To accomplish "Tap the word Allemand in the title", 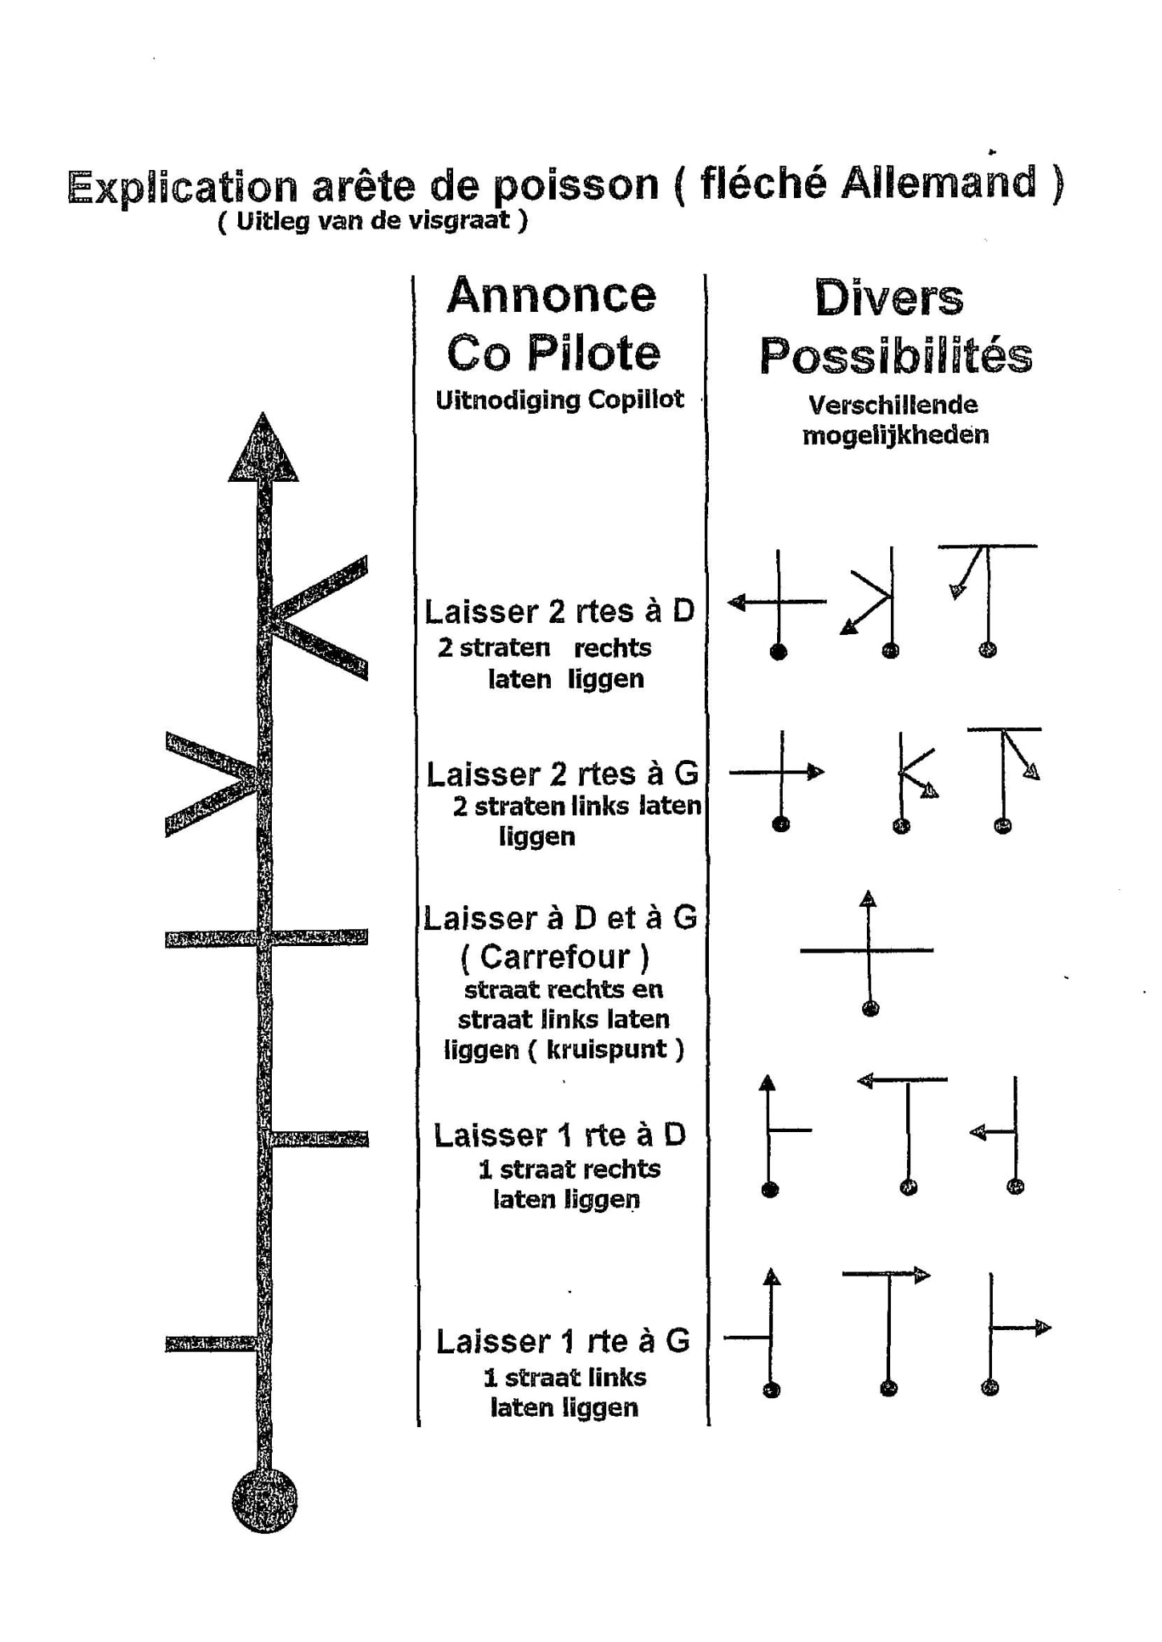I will click(x=938, y=183).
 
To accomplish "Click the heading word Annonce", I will click(x=552, y=295).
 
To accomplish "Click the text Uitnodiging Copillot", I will click(x=559, y=399).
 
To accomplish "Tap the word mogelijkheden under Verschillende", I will click(x=896, y=435).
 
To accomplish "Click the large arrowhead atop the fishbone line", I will click(x=263, y=451).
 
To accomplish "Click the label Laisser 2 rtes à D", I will click(x=559, y=612).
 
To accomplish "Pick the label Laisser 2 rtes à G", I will click(x=561, y=774).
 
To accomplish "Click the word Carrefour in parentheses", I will click(x=554, y=956).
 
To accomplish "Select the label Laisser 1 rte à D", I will click(x=560, y=1135).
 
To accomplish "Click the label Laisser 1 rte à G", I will click(x=562, y=1342).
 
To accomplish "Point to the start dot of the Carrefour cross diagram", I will click(x=870, y=1009).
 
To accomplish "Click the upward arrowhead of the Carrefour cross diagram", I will click(x=868, y=899).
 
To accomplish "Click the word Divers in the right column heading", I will click(x=889, y=298).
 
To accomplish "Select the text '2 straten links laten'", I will click(x=577, y=806).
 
